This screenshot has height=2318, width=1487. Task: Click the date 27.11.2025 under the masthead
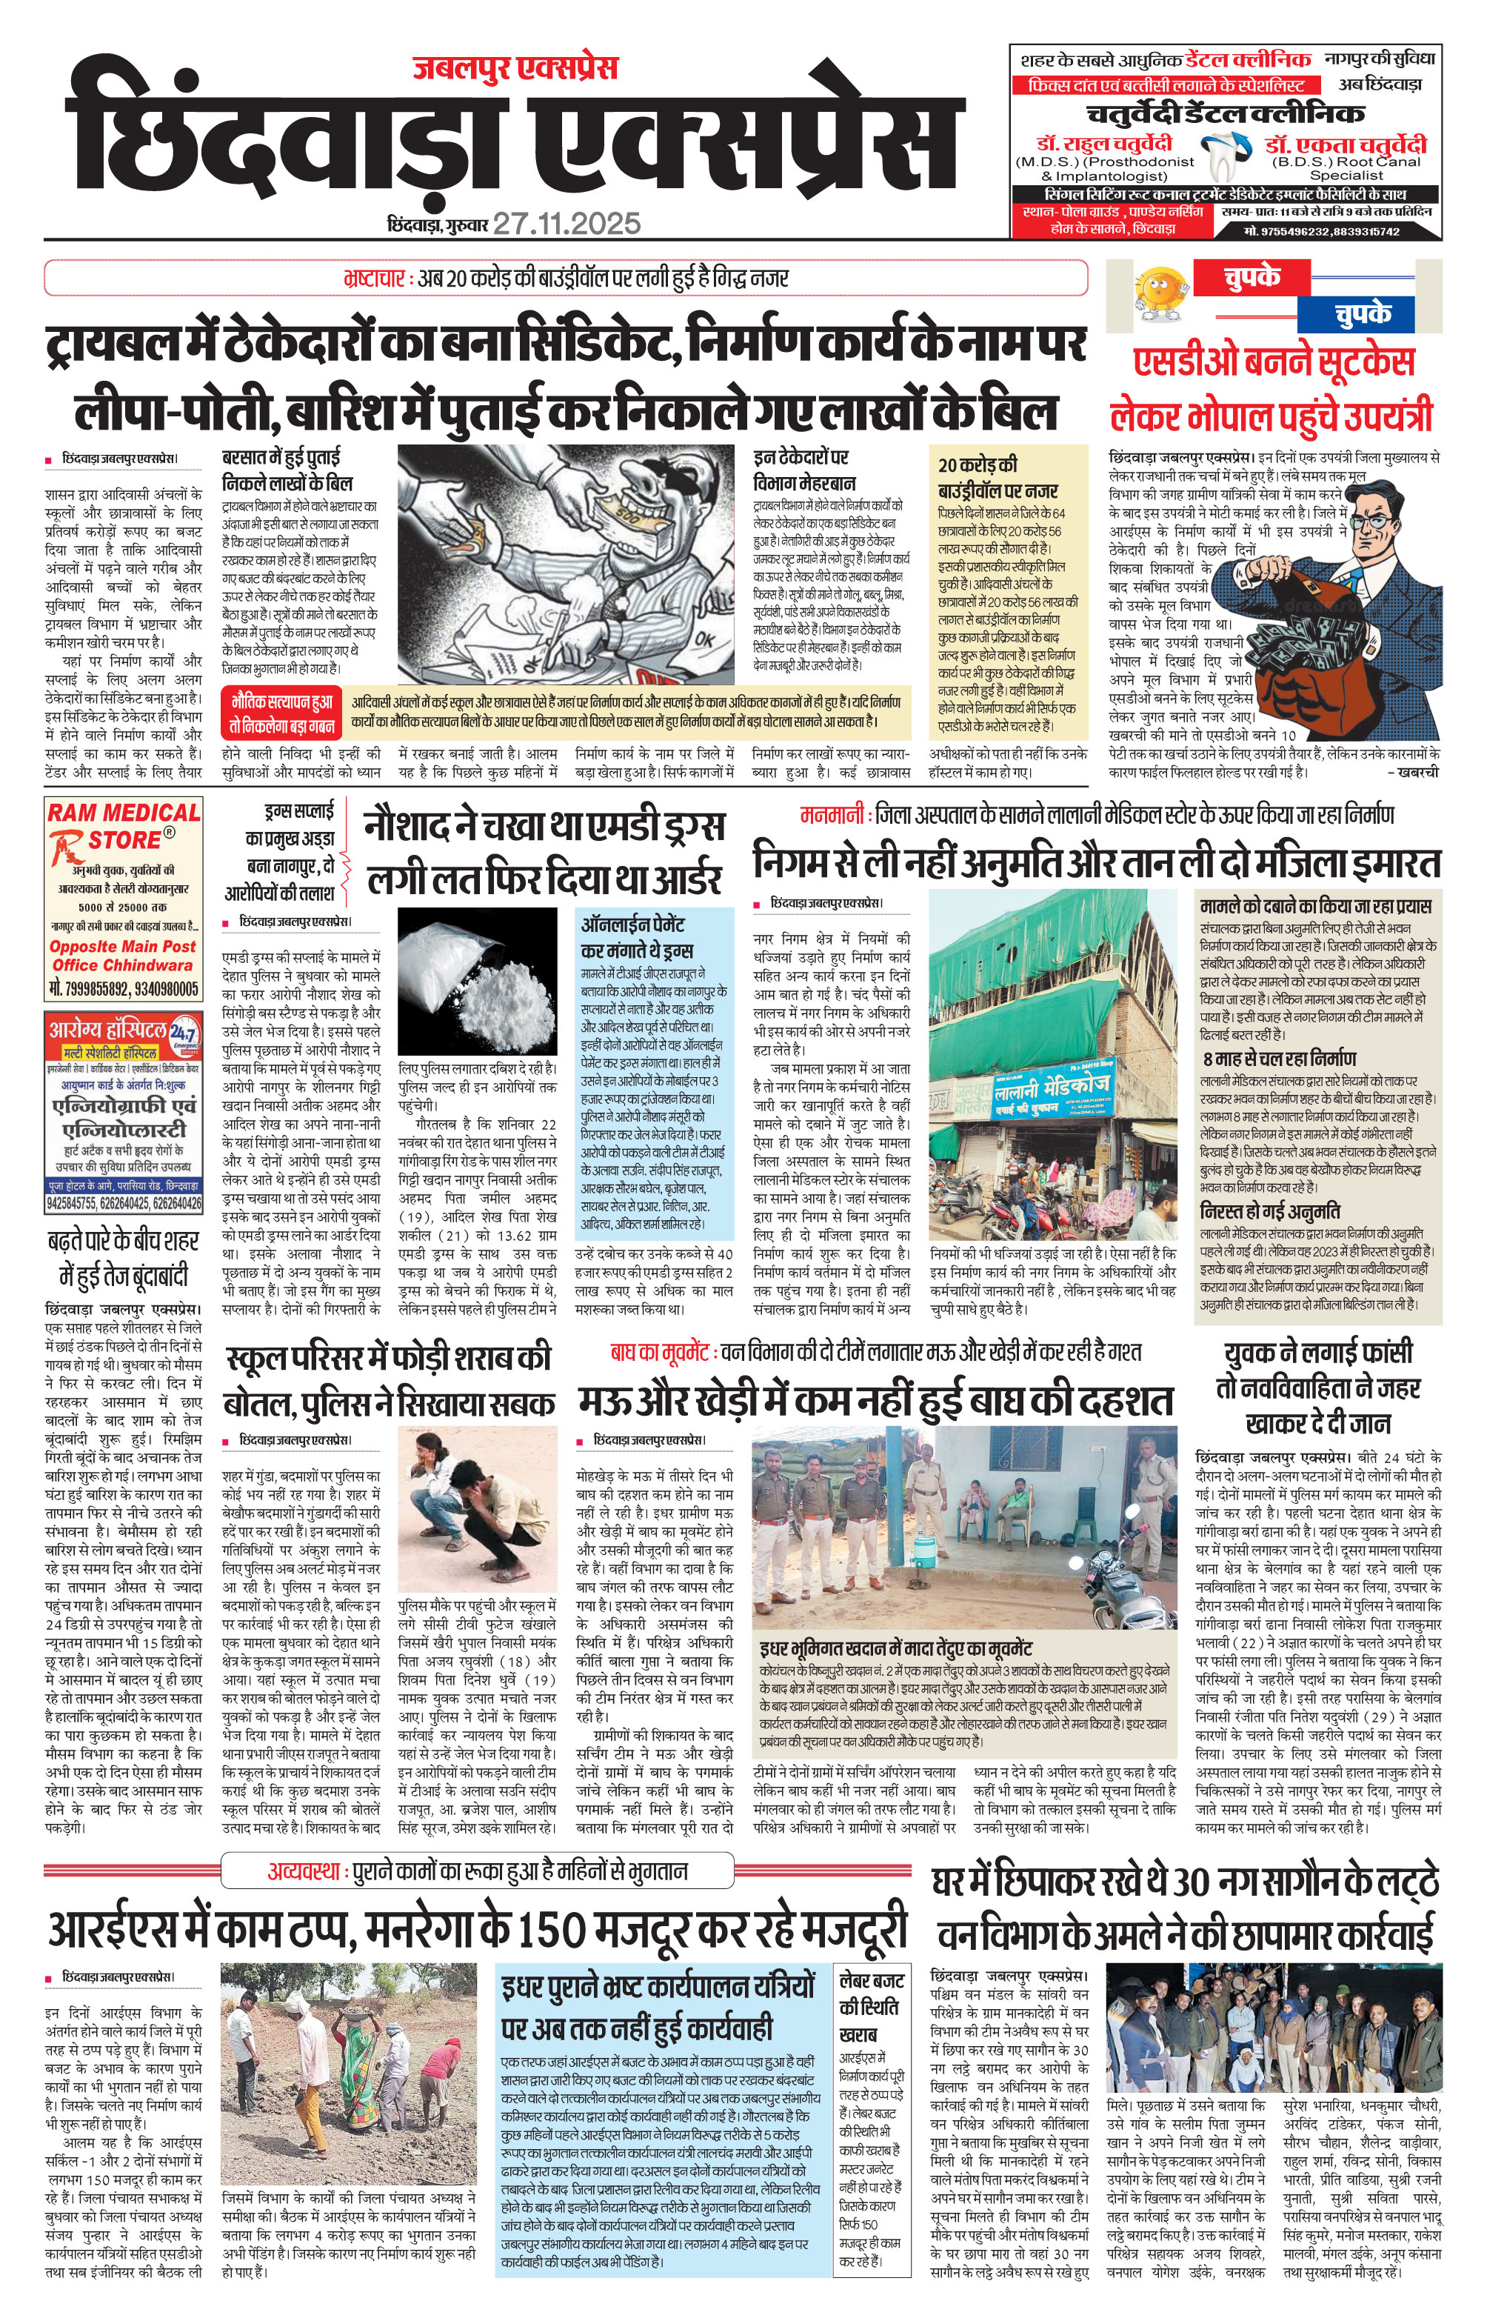point(567,224)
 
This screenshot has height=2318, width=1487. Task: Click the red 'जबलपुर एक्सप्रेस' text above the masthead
point(515,67)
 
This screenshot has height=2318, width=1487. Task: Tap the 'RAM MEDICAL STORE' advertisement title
point(124,826)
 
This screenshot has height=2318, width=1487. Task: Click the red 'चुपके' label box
point(1252,278)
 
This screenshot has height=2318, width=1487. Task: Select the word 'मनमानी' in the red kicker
point(832,815)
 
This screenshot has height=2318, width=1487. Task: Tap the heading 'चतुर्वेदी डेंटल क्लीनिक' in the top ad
point(1226,114)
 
